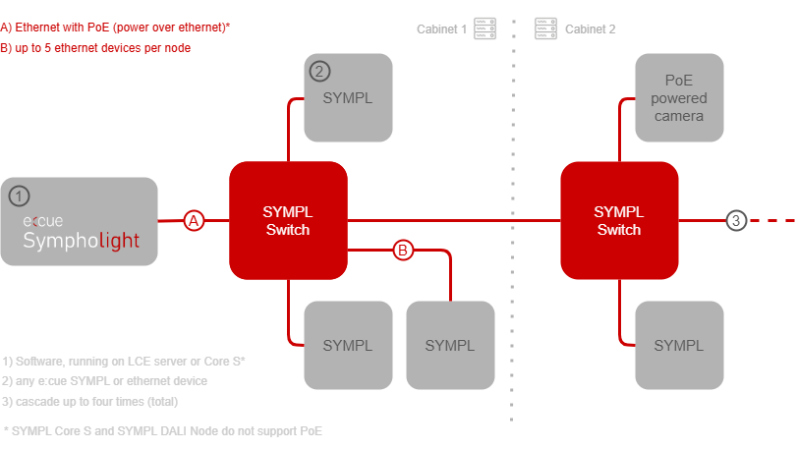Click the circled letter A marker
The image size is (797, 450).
point(195,221)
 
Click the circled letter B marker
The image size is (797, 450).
point(403,251)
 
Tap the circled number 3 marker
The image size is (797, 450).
point(736,221)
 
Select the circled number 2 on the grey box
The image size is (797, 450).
point(320,71)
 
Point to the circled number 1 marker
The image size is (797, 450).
point(20,196)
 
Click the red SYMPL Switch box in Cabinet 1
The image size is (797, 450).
point(288,221)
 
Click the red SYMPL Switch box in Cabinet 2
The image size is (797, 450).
point(619,221)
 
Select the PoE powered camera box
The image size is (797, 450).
point(679,98)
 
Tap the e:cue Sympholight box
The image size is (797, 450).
point(79,222)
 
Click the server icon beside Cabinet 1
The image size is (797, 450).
point(483,28)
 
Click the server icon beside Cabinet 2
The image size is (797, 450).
point(545,28)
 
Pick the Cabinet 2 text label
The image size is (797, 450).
point(591,28)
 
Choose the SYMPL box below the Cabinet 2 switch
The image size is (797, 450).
point(679,345)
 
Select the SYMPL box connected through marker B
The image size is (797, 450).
point(450,345)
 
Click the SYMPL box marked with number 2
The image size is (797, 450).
point(348,98)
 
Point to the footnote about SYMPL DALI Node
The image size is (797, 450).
point(163,431)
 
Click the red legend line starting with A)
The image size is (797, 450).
point(114,28)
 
